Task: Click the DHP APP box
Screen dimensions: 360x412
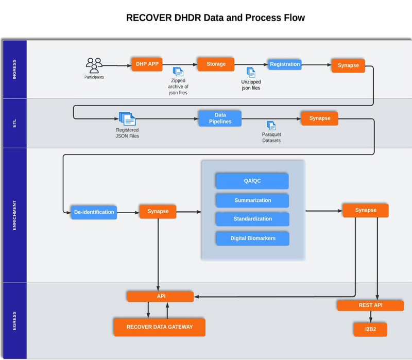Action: pos(147,64)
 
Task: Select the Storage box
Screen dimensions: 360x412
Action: pos(216,64)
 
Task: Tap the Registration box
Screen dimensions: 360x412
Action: pos(285,64)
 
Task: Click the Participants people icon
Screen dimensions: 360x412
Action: pos(94,65)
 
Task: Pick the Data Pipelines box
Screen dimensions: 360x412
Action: pos(220,118)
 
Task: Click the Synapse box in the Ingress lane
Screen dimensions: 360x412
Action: pos(348,65)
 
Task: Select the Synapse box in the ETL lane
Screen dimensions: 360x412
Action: pos(320,118)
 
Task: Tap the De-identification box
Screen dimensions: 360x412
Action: pos(94,212)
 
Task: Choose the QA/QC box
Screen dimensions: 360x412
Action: pos(252,181)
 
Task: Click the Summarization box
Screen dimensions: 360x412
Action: pos(252,200)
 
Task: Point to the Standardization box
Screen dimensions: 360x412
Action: pos(252,219)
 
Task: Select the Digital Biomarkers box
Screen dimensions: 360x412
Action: pos(252,238)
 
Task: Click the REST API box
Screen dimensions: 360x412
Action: pos(370,305)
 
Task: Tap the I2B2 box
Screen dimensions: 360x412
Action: pos(370,329)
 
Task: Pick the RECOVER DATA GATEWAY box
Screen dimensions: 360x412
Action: pos(159,327)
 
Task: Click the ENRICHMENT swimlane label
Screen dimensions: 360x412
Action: pos(14,215)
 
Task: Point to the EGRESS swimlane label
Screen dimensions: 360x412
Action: pos(14,320)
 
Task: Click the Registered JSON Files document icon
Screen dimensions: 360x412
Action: pos(127,119)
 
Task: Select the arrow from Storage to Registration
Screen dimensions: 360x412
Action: pos(251,65)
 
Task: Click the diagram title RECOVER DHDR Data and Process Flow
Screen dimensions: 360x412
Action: pos(215,18)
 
